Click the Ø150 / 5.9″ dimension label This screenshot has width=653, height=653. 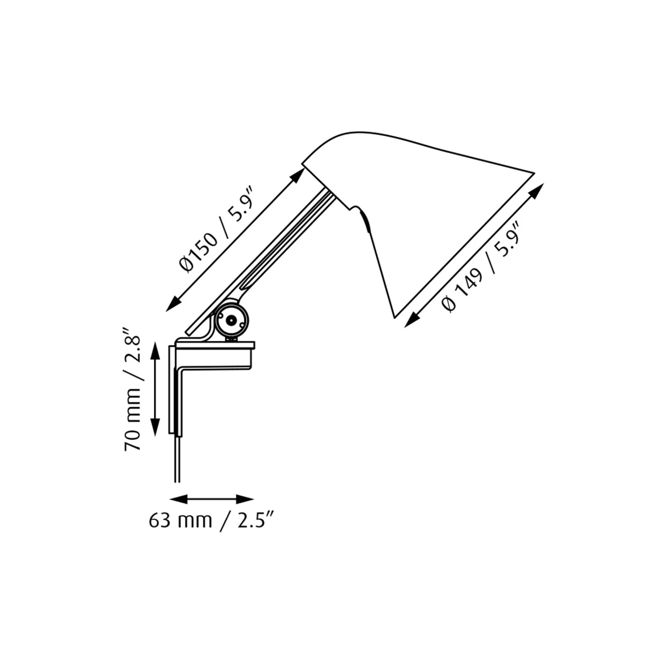pyautogui.click(x=216, y=229)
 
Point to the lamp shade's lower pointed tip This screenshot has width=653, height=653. pyautogui.click(x=394, y=315)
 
